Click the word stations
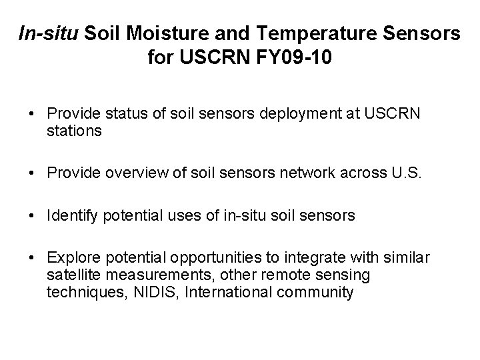[75, 131]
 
